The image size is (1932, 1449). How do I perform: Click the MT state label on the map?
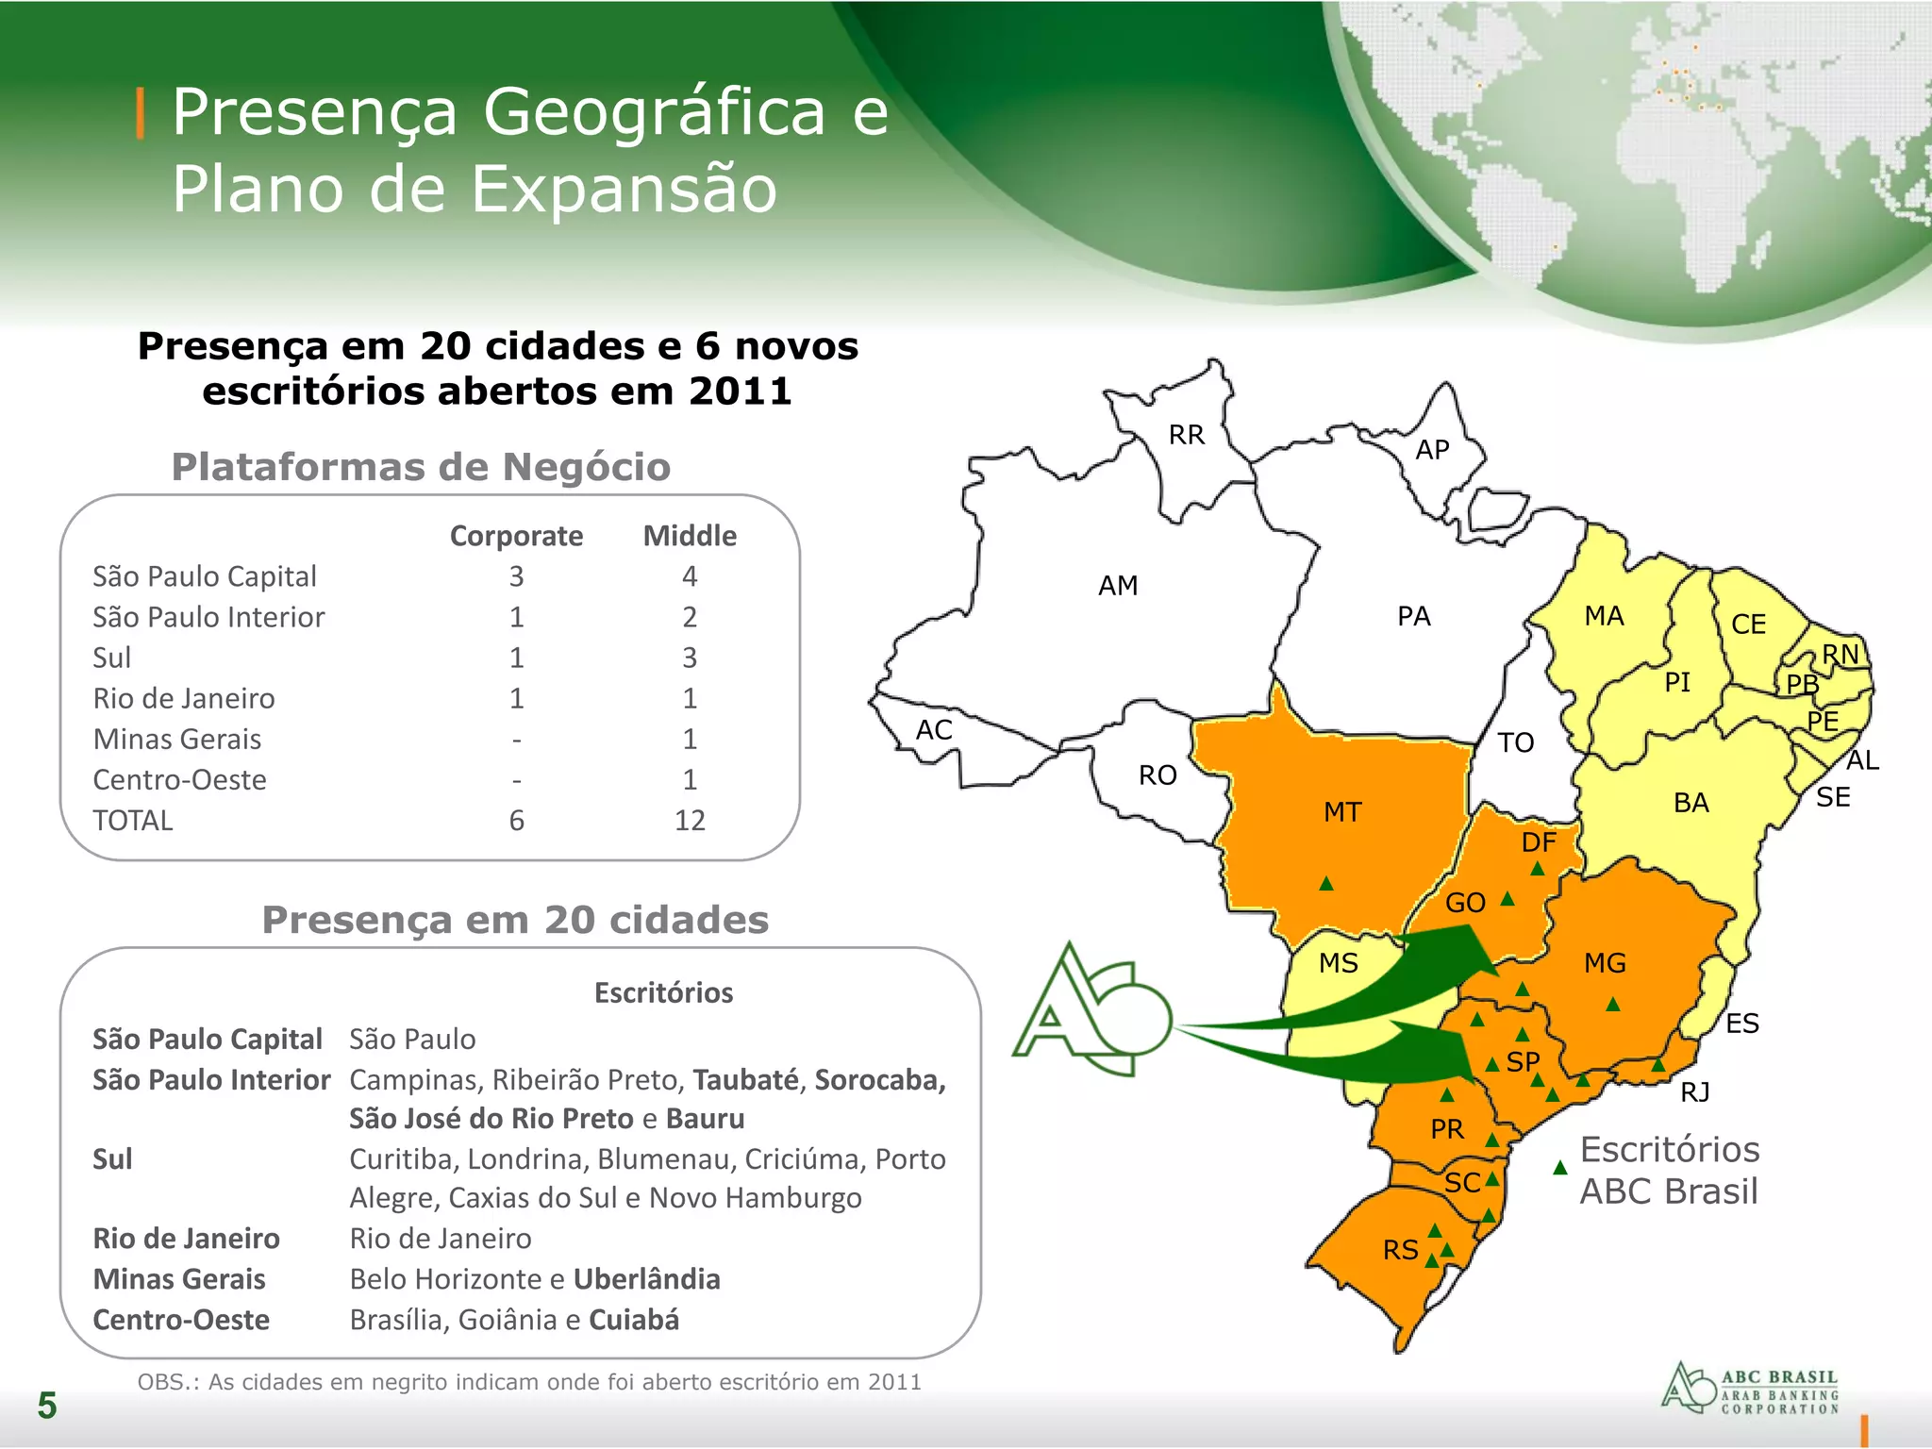[1342, 812]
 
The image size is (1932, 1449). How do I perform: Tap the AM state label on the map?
[1118, 586]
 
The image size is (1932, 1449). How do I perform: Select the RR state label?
[1187, 435]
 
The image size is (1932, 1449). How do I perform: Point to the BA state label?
[1690, 803]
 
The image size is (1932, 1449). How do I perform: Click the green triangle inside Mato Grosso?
[1326, 884]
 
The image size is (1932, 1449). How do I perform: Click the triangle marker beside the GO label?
[1507, 899]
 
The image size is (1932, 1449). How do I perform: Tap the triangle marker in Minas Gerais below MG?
[1613, 1005]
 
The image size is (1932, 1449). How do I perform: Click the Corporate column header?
[516, 536]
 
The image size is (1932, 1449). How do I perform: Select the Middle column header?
[690, 536]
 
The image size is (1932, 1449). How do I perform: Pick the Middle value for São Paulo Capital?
[690, 576]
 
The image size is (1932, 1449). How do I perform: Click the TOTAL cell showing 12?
[690, 821]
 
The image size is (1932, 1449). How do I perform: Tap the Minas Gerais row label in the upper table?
[177, 740]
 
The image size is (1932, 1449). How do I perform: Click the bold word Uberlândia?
[646, 1279]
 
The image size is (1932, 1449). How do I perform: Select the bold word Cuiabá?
[634, 1320]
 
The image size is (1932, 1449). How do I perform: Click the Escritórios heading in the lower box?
[663, 992]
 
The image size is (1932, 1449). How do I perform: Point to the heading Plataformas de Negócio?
[421, 467]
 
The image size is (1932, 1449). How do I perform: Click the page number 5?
[47, 1406]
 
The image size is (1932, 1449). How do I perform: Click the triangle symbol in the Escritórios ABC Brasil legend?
[1560, 1169]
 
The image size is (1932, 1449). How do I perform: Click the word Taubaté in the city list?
[745, 1080]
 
